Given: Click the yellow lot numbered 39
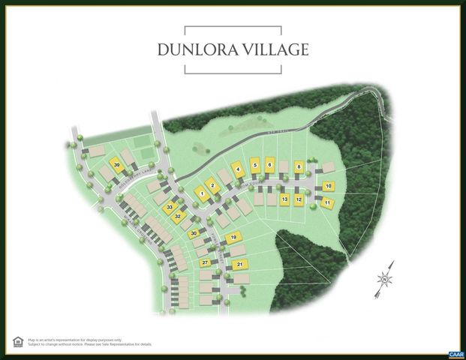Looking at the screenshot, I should click(116, 165).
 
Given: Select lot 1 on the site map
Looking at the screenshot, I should click(200, 193).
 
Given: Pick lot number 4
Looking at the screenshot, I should click(238, 169).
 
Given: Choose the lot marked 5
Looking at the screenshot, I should click(256, 165).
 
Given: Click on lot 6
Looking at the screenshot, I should click(270, 164).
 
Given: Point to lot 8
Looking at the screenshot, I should click(299, 166).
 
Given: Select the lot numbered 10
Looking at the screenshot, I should click(328, 186).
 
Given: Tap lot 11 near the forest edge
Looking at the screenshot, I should click(327, 202).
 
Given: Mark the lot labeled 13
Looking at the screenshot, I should click(284, 199).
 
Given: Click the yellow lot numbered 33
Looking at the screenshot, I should click(170, 207).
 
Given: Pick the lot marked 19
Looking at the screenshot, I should click(233, 238).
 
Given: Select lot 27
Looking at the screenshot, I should click(204, 262).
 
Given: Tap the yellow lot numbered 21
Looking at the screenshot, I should click(239, 264).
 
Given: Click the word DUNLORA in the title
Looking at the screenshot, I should click(196, 50).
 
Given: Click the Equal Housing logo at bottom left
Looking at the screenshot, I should click(17, 341).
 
